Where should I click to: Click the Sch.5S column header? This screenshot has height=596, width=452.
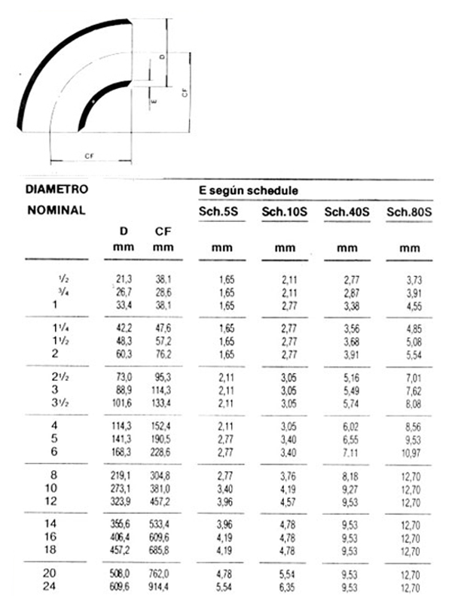(x=220, y=212)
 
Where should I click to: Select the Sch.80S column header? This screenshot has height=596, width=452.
(x=409, y=212)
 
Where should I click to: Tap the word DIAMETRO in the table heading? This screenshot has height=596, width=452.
(x=56, y=189)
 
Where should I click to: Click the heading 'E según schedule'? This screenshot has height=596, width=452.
(x=248, y=190)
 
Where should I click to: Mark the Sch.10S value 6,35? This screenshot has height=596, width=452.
(x=285, y=587)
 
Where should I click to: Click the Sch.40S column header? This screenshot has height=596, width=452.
(x=347, y=212)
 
